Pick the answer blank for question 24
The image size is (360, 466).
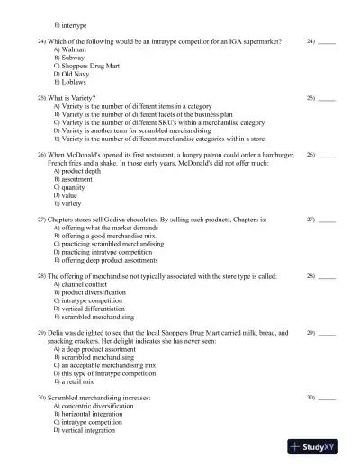[x=327, y=42]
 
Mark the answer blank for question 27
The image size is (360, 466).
[x=327, y=220]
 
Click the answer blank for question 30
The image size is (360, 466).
[x=327, y=397]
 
